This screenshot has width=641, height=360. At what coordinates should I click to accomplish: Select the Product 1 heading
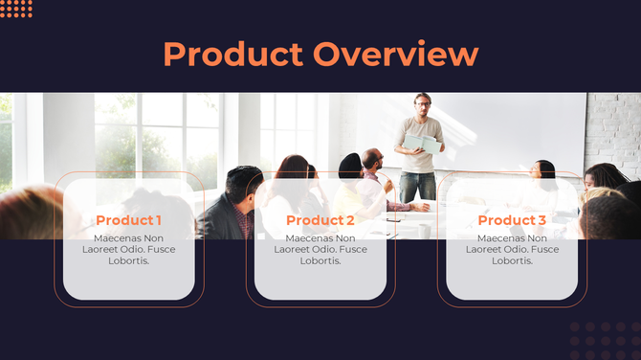click(128, 220)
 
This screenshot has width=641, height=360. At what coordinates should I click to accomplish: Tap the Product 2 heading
click(320, 220)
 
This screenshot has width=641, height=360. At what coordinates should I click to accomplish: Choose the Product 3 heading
click(512, 220)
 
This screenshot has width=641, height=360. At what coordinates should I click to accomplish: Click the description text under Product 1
click(128, 249)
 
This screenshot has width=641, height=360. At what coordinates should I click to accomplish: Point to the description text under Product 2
click(320, 249)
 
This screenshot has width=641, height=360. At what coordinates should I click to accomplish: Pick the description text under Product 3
click(512, 249)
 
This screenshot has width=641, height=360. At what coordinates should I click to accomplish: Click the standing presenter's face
click(422, 103)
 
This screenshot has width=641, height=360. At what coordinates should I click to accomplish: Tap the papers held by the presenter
click(422, 144)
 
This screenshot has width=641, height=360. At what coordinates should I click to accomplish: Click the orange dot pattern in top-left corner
click(16, 9)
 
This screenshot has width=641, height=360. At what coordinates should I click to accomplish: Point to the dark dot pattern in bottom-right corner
click(603, 340)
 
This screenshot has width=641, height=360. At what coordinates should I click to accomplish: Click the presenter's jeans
click(418, 184)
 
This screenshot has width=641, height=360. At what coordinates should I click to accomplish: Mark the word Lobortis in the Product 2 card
click(320, 260)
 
